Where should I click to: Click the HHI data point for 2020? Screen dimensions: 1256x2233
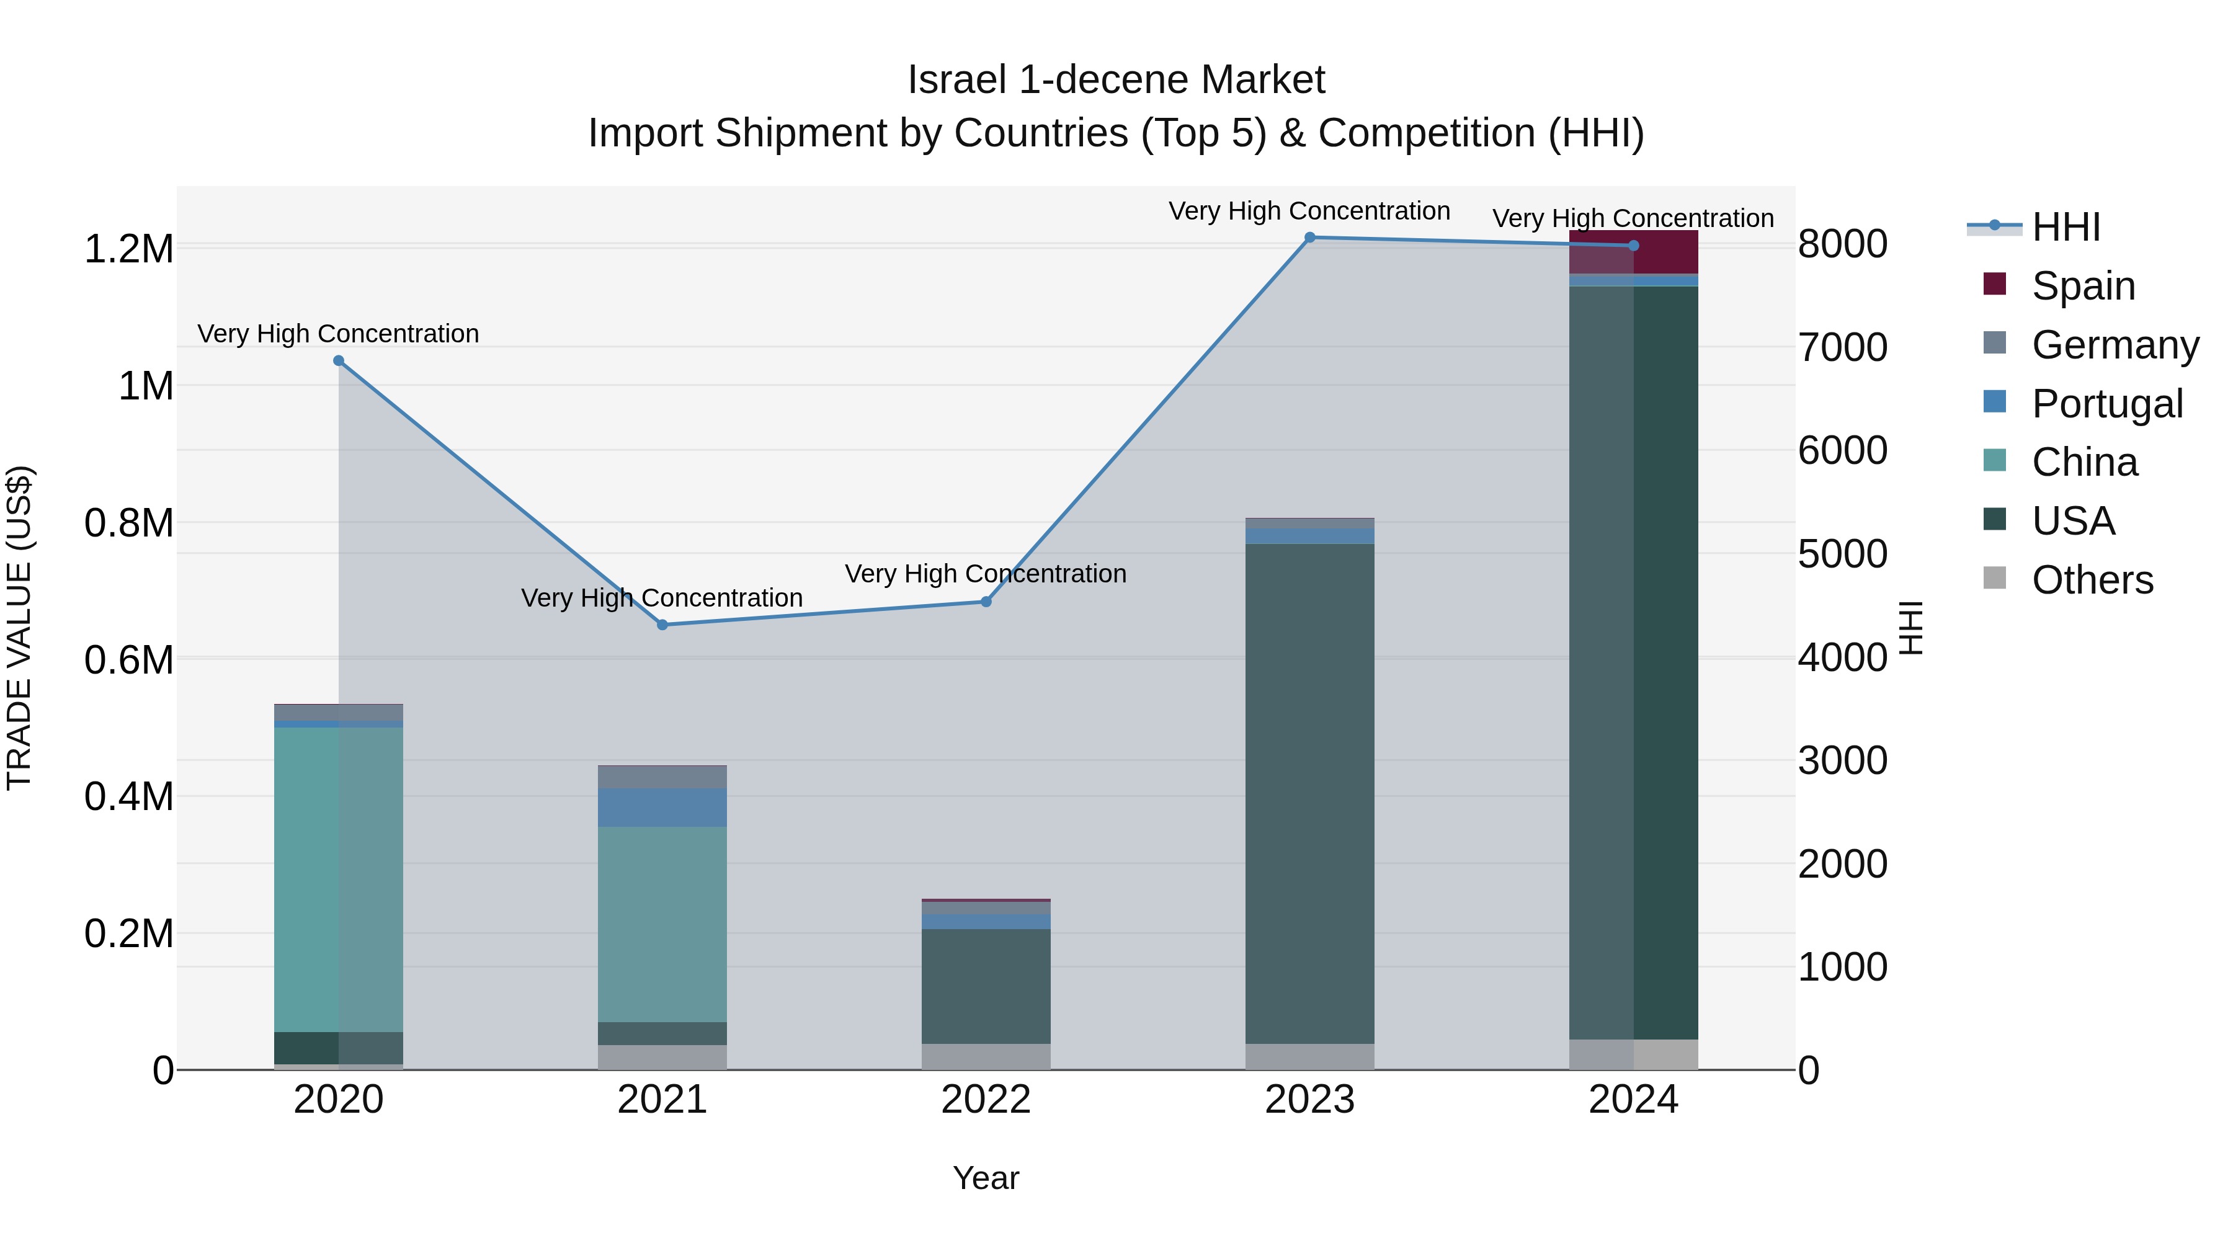(x=338, y=360)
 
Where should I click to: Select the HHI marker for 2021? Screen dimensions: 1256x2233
(x=662, y=625)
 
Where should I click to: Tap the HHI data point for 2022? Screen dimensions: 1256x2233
(x=986, y=602)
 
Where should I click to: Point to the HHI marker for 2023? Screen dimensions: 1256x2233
(x=1310, y=238)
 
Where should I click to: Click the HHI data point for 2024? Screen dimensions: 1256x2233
(x=1633, y=245)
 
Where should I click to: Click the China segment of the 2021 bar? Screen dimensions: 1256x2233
(x=662, y=924)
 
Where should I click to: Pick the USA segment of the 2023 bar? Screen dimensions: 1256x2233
(x=1310, y=793)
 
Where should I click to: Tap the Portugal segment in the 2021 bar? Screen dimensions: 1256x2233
(x=662, y=807)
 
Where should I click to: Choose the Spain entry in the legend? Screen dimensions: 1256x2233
(x=2082, y=286)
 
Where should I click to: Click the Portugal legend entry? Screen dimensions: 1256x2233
(x=2106, y=404)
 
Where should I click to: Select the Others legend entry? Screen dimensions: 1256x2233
(x=2092, y=580)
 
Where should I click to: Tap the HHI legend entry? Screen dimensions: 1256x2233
(x=2066, y=227)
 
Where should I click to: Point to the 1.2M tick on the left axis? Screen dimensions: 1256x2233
(x=129, y=249)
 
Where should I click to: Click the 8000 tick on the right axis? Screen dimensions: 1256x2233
(x=1843, y=244)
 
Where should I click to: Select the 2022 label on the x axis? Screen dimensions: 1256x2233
(x=986, y=1100)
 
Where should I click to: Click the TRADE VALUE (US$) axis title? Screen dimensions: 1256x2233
(x=19, y=628)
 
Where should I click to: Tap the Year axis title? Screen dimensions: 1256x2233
(x=986, y=1178)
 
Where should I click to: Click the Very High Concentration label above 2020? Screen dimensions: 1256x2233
(x=338, y=334)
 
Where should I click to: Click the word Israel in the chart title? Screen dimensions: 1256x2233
(x=956, y=81)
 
